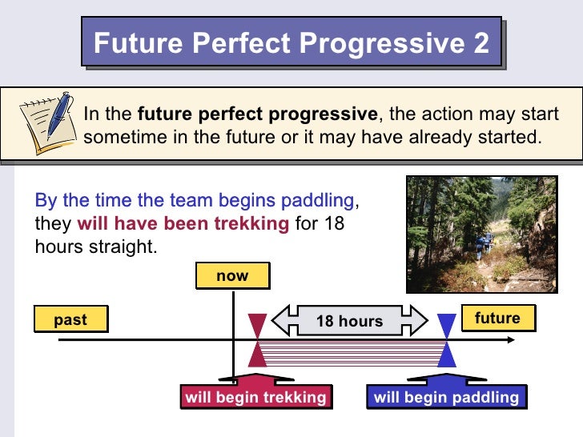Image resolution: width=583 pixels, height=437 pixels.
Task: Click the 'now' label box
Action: point(232,276)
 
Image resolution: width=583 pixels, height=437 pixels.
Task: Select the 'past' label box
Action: point(70,319)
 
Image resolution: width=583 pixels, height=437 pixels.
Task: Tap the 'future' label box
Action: point(497,318)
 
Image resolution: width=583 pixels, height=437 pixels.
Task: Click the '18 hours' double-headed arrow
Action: point(350,321)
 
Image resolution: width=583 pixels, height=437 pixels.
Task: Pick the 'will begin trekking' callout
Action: point(255,397)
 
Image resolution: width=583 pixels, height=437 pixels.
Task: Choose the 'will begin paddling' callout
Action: point(446,397)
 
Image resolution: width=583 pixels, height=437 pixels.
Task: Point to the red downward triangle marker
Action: point(257,327)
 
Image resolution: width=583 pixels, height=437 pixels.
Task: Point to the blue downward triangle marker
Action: point(447,327)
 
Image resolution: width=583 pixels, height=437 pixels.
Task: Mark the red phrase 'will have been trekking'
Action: point(183,223)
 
